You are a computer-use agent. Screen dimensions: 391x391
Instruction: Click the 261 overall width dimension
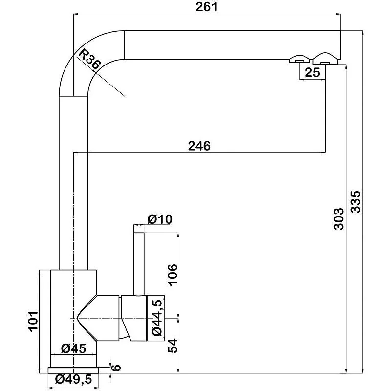(x=206, y=7)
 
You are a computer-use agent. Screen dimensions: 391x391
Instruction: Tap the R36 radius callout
(x=89, y=59)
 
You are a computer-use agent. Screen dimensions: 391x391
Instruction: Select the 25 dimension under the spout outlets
(x=312, y=72)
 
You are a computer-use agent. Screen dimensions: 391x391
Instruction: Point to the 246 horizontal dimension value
(x=199, y=146)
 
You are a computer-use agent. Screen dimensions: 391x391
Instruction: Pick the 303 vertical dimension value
(x=339, y=218)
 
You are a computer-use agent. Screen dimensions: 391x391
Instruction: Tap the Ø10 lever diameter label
(x=160, y=219)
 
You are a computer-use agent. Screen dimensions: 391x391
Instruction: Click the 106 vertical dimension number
(x=173, y=275)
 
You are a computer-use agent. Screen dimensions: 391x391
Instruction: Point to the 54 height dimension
(x=173, y=346)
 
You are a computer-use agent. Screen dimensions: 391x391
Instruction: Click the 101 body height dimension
(x=33, y=321)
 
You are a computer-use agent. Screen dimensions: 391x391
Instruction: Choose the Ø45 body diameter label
(x=74, y=348)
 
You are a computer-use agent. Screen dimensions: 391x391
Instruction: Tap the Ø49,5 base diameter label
(x=74, y=379)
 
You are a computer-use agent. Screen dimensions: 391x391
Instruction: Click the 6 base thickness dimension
(x=116, y=368)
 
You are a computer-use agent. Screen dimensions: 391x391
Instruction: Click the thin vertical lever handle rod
(x=139, y=264)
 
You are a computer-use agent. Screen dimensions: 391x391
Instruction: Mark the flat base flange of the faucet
(x=73, y=370)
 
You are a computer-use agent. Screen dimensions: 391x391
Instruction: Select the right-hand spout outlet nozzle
(x=325, y=59)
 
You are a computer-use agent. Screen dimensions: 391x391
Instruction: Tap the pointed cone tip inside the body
(x=78, y=318)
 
